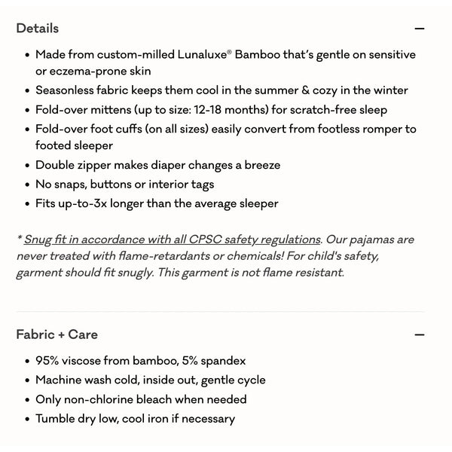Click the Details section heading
[x=37, y=29]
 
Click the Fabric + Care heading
[x=56, y=334]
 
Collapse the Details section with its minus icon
[x=420, y=29]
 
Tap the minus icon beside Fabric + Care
[x=420, y=334]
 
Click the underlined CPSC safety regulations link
[x=173, y=240]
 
